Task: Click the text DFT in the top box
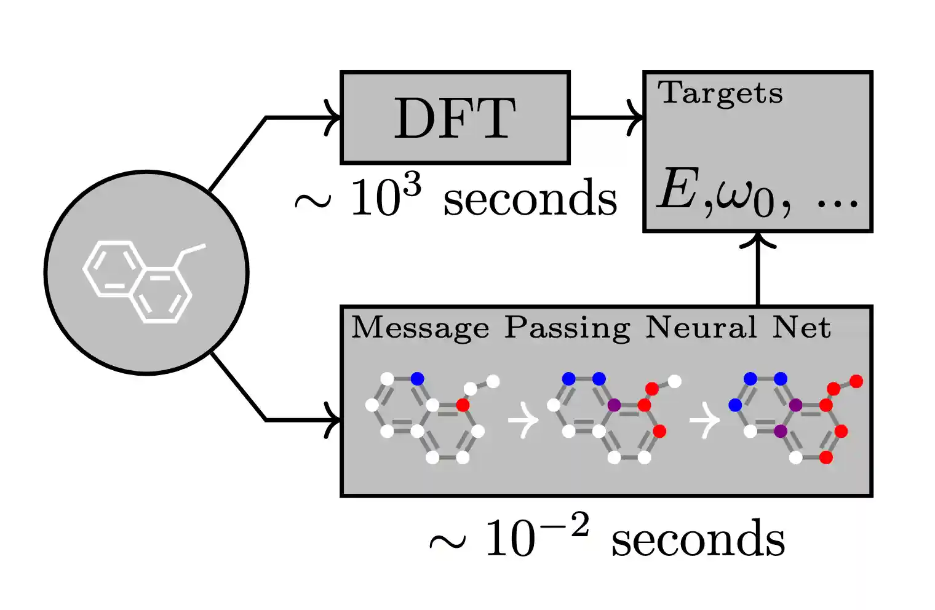pyautogui.click(x=455, y=118)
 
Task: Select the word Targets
pyautogui.click(x=720, y=94)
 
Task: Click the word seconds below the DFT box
pyautogui.click(x=530, y=199)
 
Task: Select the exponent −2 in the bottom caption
pyautogui.click(x=562, y=526)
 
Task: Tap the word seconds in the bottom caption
pyautogui.click(x=698, y=539)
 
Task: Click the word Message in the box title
pyautogui.click(x=420, y=328)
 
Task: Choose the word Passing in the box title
pyautogui.click(x=567, y=328)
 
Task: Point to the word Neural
pyautogui.click(x=701, y=327)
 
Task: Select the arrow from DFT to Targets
pyautogui.click(x=607, y=117)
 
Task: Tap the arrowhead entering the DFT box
pyautogui.click(x=334, y=117)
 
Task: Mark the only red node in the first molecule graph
pyautogui.click(x=463, y=405)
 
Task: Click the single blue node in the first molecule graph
pyautogui.click(x=417, y=378)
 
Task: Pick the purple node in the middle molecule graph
pyautogui.click(x=613, y=405)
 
